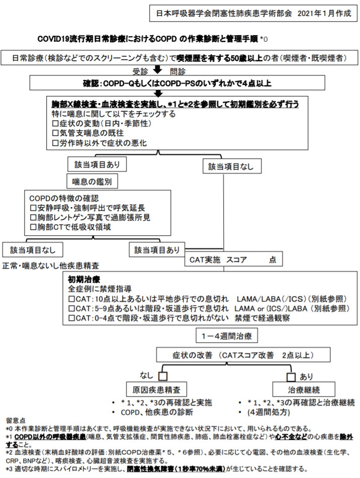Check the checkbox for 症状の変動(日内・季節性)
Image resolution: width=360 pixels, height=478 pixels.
click(x=56, y=123)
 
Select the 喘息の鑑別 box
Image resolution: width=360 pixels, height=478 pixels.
click(x=92, y=180)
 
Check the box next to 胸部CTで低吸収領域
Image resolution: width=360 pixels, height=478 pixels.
click(x=33, y=227)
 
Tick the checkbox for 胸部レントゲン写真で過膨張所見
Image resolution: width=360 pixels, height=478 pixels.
click(x=33, y=217)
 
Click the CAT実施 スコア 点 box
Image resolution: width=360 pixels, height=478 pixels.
click(x=232, y=259)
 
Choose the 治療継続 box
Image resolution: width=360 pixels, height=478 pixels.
click(x=304, y=389)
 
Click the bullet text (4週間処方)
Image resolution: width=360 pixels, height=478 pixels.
click(x=267, y=413)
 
